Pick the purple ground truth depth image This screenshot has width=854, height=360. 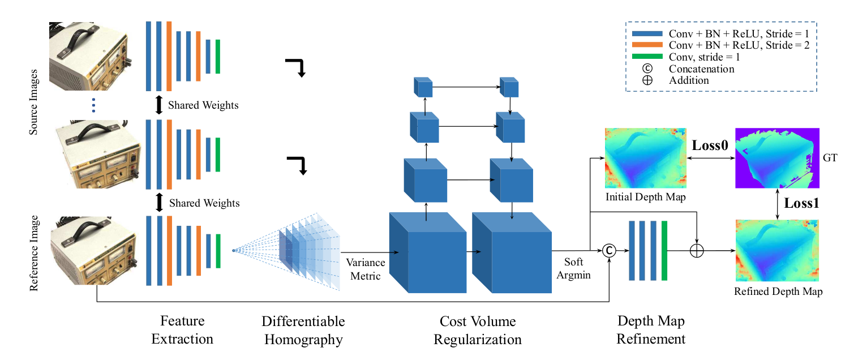pos(777,158)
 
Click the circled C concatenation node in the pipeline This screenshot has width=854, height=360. pos(609,250)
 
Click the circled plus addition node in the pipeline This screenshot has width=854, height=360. pos(696,250)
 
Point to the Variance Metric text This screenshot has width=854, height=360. pos(366,269)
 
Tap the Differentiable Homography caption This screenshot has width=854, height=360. pos(303,331)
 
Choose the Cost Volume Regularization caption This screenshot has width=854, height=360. pos(478,331)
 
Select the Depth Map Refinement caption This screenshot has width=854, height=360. pos(651,331)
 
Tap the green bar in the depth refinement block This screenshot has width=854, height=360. pos(664,251)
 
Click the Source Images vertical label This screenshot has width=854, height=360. pos(35,102)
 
